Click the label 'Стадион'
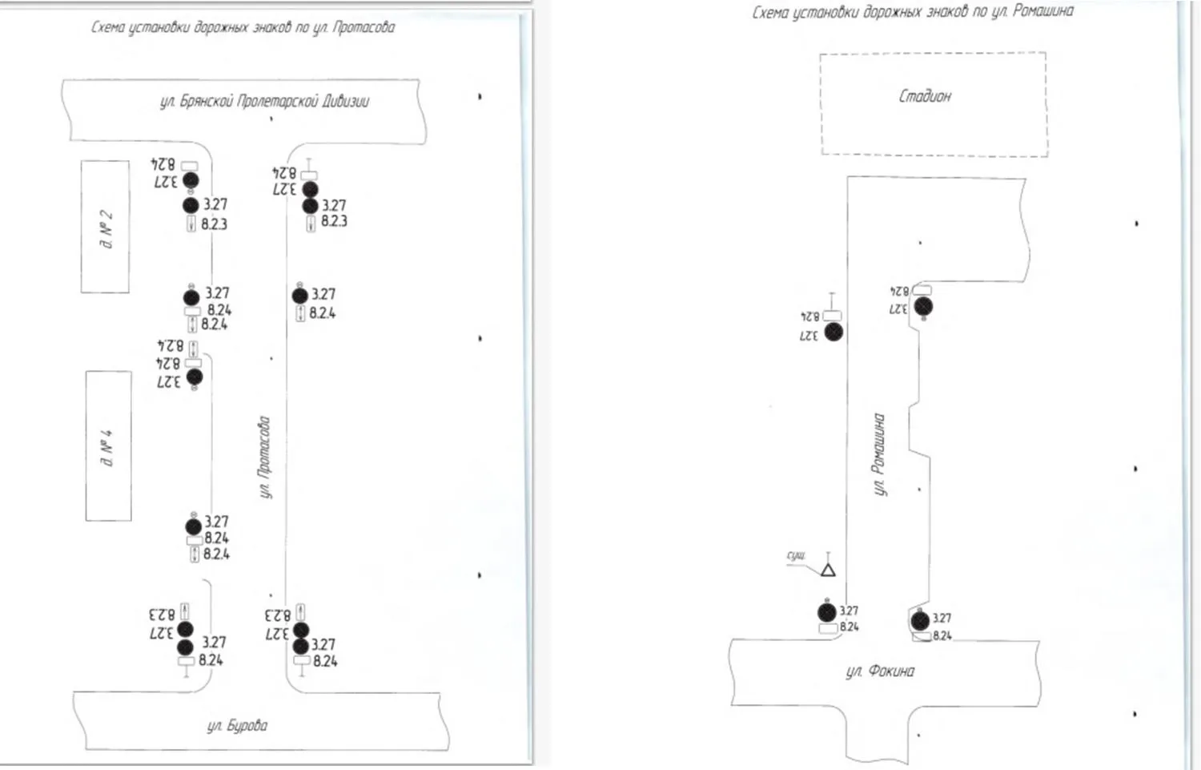point(925,96)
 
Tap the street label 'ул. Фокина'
point(879,671)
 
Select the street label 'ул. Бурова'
point(237,726)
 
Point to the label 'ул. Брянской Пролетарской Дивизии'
point(264,102)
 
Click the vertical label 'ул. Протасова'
point(264,458)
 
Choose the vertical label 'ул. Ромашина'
point(879,454)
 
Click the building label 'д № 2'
point(106,229)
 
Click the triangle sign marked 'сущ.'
point(828,570)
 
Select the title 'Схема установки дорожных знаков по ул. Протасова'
point(242,28)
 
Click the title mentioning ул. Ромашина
point(912,12)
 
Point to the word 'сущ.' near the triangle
point(796,555)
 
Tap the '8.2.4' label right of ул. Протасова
point(323,313)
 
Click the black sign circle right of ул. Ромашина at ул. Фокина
point(920,619)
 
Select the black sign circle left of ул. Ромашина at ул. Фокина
point(827,613)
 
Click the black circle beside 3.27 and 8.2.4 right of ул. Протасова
point(299,296)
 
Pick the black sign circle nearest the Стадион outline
point(923,306)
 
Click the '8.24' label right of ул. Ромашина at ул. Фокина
point(942,636)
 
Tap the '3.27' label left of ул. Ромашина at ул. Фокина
point(849,611)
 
